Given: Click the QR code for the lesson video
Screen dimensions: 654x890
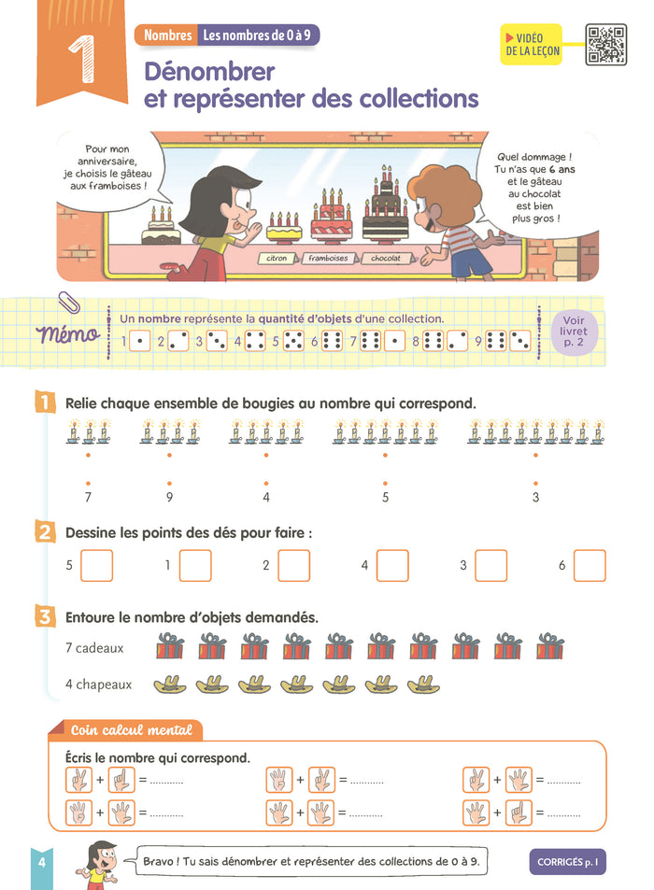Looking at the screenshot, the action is tap(605, 44).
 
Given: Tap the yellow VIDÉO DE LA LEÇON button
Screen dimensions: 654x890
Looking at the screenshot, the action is tap(532, 44).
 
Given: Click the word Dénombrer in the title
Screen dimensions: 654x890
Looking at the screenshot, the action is tap(209, 72).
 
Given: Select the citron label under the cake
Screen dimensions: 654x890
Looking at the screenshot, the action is tap(277, 259).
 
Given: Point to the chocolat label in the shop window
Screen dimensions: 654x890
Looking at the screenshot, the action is tap(386, 259).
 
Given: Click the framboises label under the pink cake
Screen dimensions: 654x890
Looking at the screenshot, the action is tap(328, 259).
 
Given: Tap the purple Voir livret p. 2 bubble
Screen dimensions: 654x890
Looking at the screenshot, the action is tap(574, 332).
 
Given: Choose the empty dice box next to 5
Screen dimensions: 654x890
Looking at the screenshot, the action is tap(96, 565).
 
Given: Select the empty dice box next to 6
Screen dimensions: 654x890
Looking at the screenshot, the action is tap(590, 565).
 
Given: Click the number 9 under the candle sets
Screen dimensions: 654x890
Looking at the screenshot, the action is tap(169, 497).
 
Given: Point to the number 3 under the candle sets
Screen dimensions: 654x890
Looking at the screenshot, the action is tap(535, 497).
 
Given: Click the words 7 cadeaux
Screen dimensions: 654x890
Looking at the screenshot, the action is tap(94, 647).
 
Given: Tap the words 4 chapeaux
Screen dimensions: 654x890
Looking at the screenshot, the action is tap(98, 685).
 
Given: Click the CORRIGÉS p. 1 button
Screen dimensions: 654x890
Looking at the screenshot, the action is tap(567, 862).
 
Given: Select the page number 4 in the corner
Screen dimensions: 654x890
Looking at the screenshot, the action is tap(41, 862).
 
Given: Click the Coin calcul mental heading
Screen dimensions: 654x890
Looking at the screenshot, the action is tap(131, 730).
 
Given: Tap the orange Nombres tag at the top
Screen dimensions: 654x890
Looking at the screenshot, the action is tap(167, 35).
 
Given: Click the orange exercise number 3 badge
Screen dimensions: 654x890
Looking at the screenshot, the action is tap(45, 616).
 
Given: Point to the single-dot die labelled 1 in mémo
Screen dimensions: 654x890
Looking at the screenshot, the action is tap(139, 341).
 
